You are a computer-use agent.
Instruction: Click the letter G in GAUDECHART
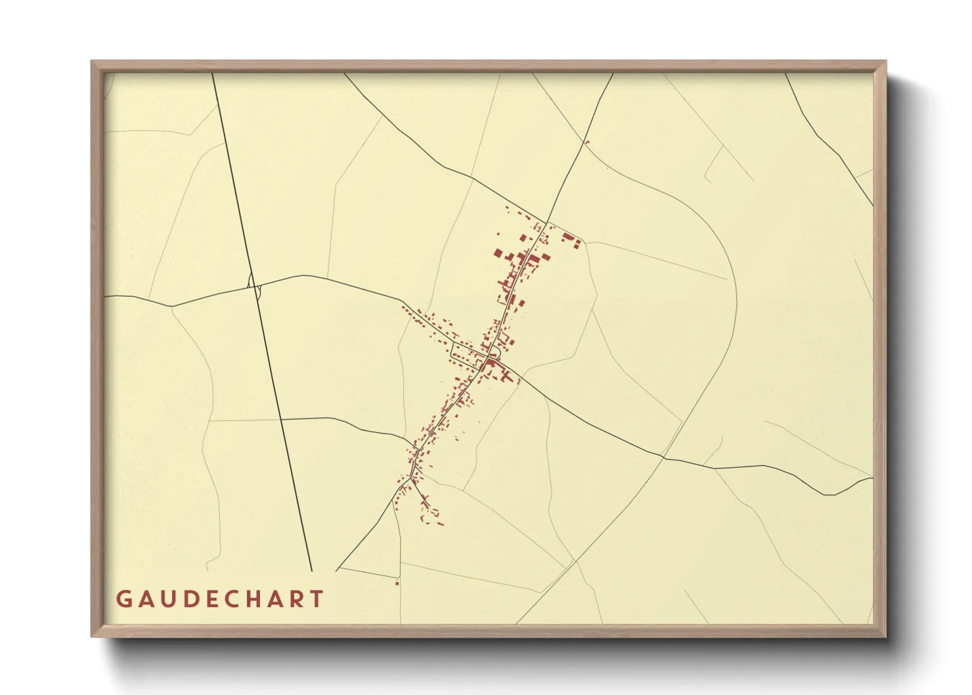[x=123, y=599]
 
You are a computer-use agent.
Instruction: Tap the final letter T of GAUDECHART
[x=319, y=599]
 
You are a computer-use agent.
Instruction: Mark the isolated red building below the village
[x=397, y=583]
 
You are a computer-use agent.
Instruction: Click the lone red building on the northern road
[x=586, y=142]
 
